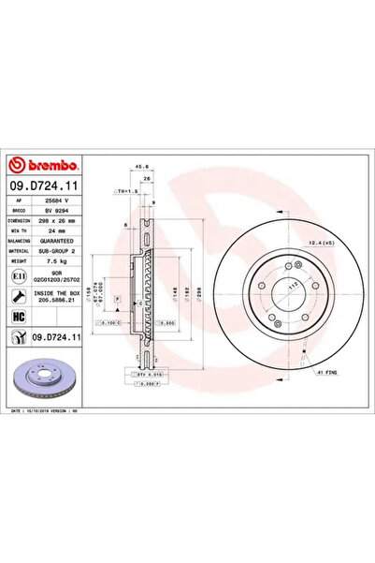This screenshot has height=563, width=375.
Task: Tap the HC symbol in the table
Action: point(20,319)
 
